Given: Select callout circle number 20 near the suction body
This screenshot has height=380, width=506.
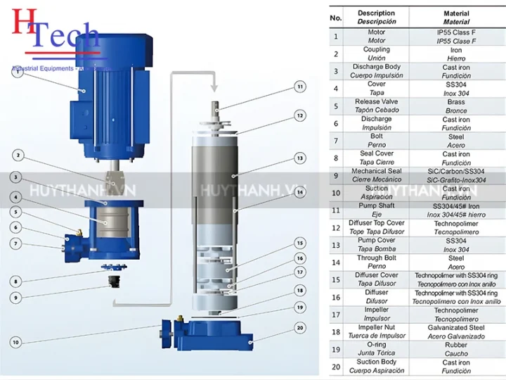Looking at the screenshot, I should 299,328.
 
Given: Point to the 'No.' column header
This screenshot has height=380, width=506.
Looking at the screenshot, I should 336,18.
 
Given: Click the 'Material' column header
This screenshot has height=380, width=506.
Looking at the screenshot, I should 455,13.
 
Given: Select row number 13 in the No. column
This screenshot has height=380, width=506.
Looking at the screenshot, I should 336,245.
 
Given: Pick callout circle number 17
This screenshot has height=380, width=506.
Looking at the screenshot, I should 299,272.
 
